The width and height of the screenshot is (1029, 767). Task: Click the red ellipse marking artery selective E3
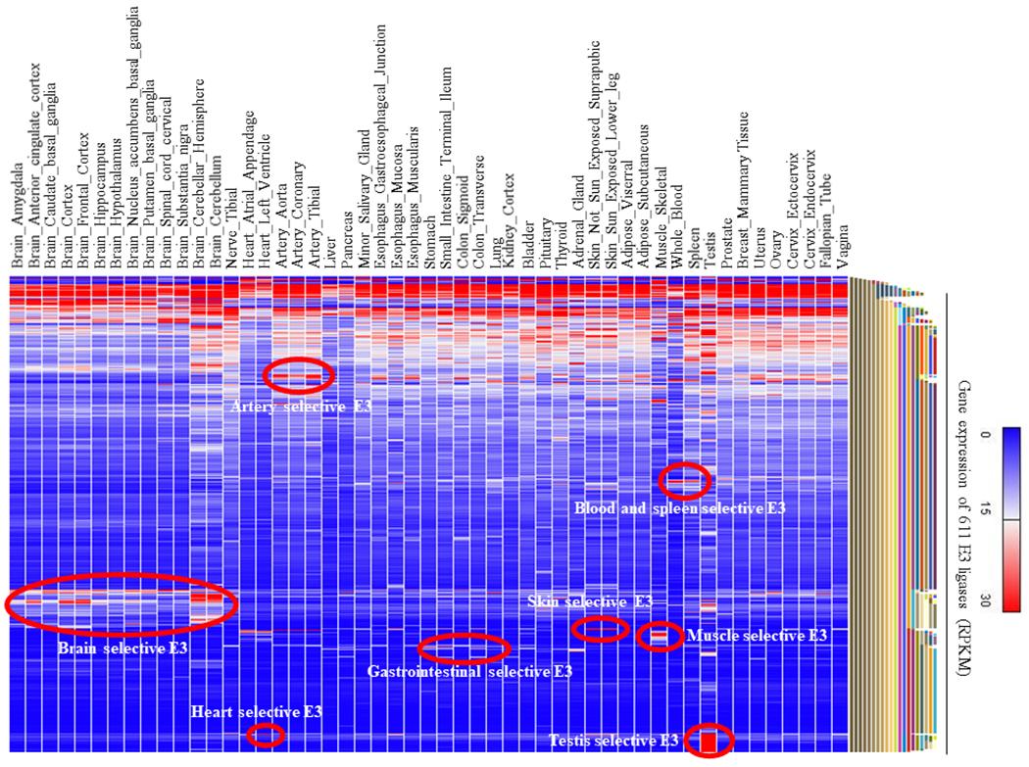click(299, 374)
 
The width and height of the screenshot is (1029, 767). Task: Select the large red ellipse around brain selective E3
click(122, 605)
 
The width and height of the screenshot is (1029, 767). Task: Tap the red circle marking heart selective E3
click(265, 735)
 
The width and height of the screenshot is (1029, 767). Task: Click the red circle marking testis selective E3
click(709, 740)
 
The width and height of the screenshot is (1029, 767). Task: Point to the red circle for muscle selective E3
click(659, 637)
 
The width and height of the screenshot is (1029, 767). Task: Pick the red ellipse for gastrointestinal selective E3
click(464, 647)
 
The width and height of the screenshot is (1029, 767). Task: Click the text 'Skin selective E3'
click(590, 600)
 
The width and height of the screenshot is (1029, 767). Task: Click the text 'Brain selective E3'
click(122, 647)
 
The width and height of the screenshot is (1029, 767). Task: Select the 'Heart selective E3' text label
click(257, 712)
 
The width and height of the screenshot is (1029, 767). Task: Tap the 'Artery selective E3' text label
click(301, 405)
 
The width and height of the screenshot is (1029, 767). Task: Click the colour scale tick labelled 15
click(986, 510)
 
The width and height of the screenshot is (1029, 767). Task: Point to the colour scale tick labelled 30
click(986, 599)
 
